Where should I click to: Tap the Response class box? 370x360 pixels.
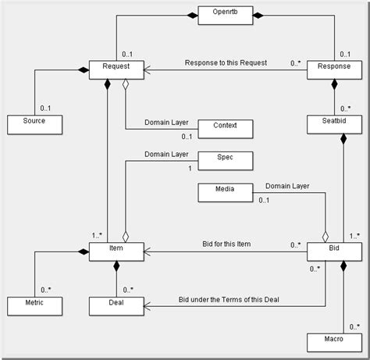click(x=334, y=69)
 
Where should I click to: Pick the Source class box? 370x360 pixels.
click(x=34, y=123)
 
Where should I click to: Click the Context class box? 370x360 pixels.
click(x=225, y=125)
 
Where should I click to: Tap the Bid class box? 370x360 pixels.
click(x=334, y=251)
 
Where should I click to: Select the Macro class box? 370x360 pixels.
click(x=334, y=340)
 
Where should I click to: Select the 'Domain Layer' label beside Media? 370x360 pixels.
click(x=286, y=187)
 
